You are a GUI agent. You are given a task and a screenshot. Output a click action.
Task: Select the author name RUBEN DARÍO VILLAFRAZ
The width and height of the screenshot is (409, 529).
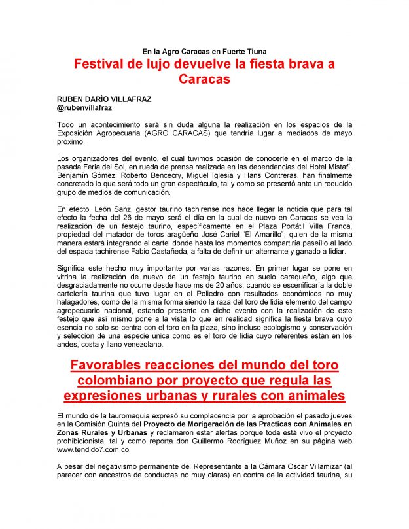(104, 99)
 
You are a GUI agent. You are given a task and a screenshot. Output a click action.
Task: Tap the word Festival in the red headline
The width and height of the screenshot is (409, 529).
(103, 65)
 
